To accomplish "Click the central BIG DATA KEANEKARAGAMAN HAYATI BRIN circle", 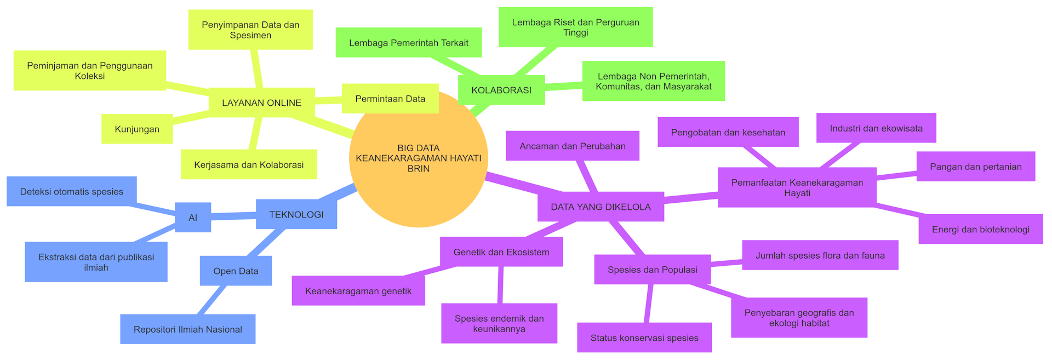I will tap(418, 158).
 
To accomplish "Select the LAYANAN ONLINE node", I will tap(261, 102).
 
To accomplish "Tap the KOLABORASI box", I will tap(501, 90).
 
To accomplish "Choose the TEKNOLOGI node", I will tap(296, 214).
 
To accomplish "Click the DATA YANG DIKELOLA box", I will tap(601, 207).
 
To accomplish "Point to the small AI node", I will tap(193, 218).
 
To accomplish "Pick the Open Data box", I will tap(236, 271).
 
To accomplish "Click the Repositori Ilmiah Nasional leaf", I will tap(187, 329).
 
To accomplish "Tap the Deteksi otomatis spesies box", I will tap(71, 191).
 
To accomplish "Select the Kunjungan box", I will tap(137, 129).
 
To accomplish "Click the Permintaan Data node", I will tap(390, 99).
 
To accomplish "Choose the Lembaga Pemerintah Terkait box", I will tap(408, 43).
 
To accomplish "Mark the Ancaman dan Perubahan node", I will tap(572, 146).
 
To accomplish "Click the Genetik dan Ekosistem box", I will tap(501, 252).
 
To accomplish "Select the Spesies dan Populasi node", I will tap(652, 270).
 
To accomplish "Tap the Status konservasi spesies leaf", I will tap(644, 338).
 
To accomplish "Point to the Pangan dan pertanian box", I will tap(975, 167).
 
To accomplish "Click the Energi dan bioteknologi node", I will tap(980, 229).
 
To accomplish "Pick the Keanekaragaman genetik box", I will tap(358, 291).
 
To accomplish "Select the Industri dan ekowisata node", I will tap(876, 128).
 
